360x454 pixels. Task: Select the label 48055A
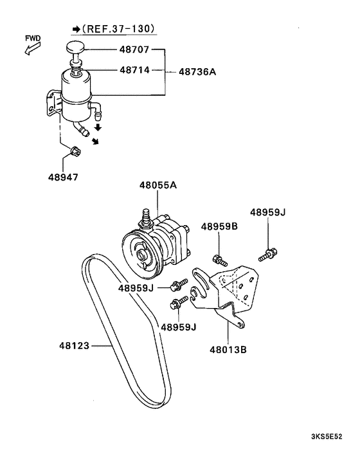(x=157, y=186)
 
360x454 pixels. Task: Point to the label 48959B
(x=219, y=226)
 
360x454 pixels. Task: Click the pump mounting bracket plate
(x=238, y=293)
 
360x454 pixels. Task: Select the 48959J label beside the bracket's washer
(x=178, y=327)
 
